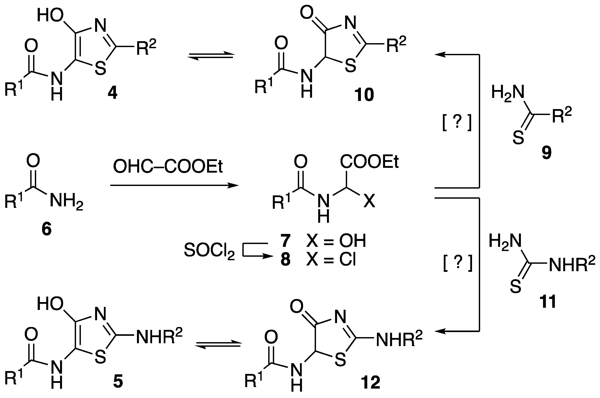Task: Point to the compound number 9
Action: (x=547, y=153)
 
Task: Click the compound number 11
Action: (x=548, y=302)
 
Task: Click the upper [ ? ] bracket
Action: (x=457, y=124)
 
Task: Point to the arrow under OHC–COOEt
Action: (x=174, y=186)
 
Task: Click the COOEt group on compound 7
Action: (x=369, y=162)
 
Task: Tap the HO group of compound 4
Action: (x=51, y=16)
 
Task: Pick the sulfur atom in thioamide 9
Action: (x=518, y=138)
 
